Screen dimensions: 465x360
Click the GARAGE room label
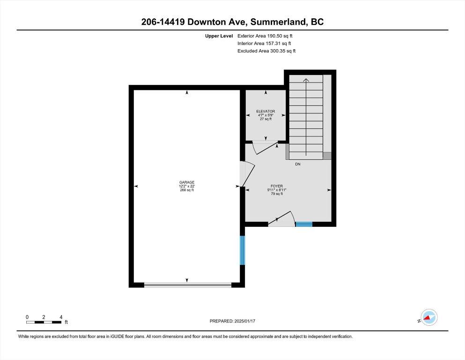[x=187, y=182]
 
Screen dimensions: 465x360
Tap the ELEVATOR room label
[x=266, y=111]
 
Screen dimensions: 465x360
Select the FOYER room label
[x=277, y=186]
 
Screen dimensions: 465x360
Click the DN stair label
[x=298, y=164]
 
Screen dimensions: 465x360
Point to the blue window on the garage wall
[x=242, y=250]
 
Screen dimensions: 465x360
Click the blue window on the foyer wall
[x=304, y=224]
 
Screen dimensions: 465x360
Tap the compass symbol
[x=429, y=317]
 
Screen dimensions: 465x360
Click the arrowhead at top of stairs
[x=306, y=80]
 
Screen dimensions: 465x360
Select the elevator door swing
[x=265, y=148]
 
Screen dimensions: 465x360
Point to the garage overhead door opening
[x=188, y=285]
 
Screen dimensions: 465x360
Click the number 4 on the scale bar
[x=61, y=317]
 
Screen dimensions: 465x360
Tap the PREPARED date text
[x=232, y=321]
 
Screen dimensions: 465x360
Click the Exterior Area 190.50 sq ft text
[x=265, y=36]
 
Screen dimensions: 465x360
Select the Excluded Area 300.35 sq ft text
[x=266, y=51]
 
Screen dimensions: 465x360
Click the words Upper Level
[x=219, y=36]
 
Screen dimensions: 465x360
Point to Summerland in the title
[x=278, y=22]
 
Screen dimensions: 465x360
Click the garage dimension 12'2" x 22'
[x=187, y=186]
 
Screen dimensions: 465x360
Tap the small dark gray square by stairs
[x=327, y=156]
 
